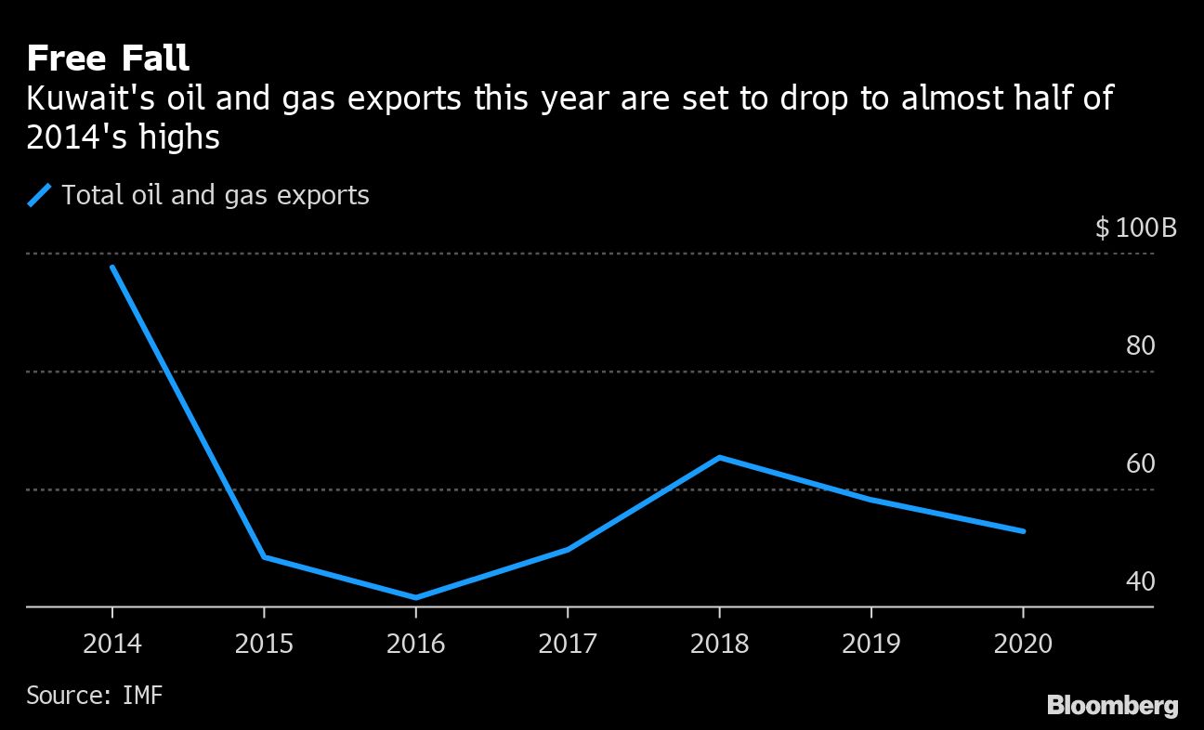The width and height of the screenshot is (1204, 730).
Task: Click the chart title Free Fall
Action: (108, 59)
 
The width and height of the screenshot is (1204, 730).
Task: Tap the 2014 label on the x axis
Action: (112, 644)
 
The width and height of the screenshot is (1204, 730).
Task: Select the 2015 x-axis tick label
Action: (264, 644)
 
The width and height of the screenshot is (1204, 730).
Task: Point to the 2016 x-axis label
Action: (415, 644)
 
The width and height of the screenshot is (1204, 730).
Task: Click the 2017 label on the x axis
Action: (568, 644)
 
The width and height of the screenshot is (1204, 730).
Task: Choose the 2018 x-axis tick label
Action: (719, 644)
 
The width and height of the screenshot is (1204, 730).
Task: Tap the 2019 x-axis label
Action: (870, 644)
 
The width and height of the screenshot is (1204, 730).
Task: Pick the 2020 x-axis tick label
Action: (1022, 644)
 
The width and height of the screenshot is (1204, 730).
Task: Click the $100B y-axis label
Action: (1135, 228)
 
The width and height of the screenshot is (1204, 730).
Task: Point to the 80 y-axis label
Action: (1140, 346)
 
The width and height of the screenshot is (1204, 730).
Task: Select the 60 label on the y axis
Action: (1140, 463)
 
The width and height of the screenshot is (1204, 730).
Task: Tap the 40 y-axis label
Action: (1140, 581)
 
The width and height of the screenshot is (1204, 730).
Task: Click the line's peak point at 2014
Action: (112, 267)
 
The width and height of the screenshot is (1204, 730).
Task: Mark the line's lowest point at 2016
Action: (415, 597)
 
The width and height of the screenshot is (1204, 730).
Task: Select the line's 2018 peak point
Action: (719, 457)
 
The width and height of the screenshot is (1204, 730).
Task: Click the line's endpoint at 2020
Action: (1023, 531)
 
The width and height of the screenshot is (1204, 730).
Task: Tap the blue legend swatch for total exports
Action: (40, 196)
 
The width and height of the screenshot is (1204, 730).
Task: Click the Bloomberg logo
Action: (1112, 705)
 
